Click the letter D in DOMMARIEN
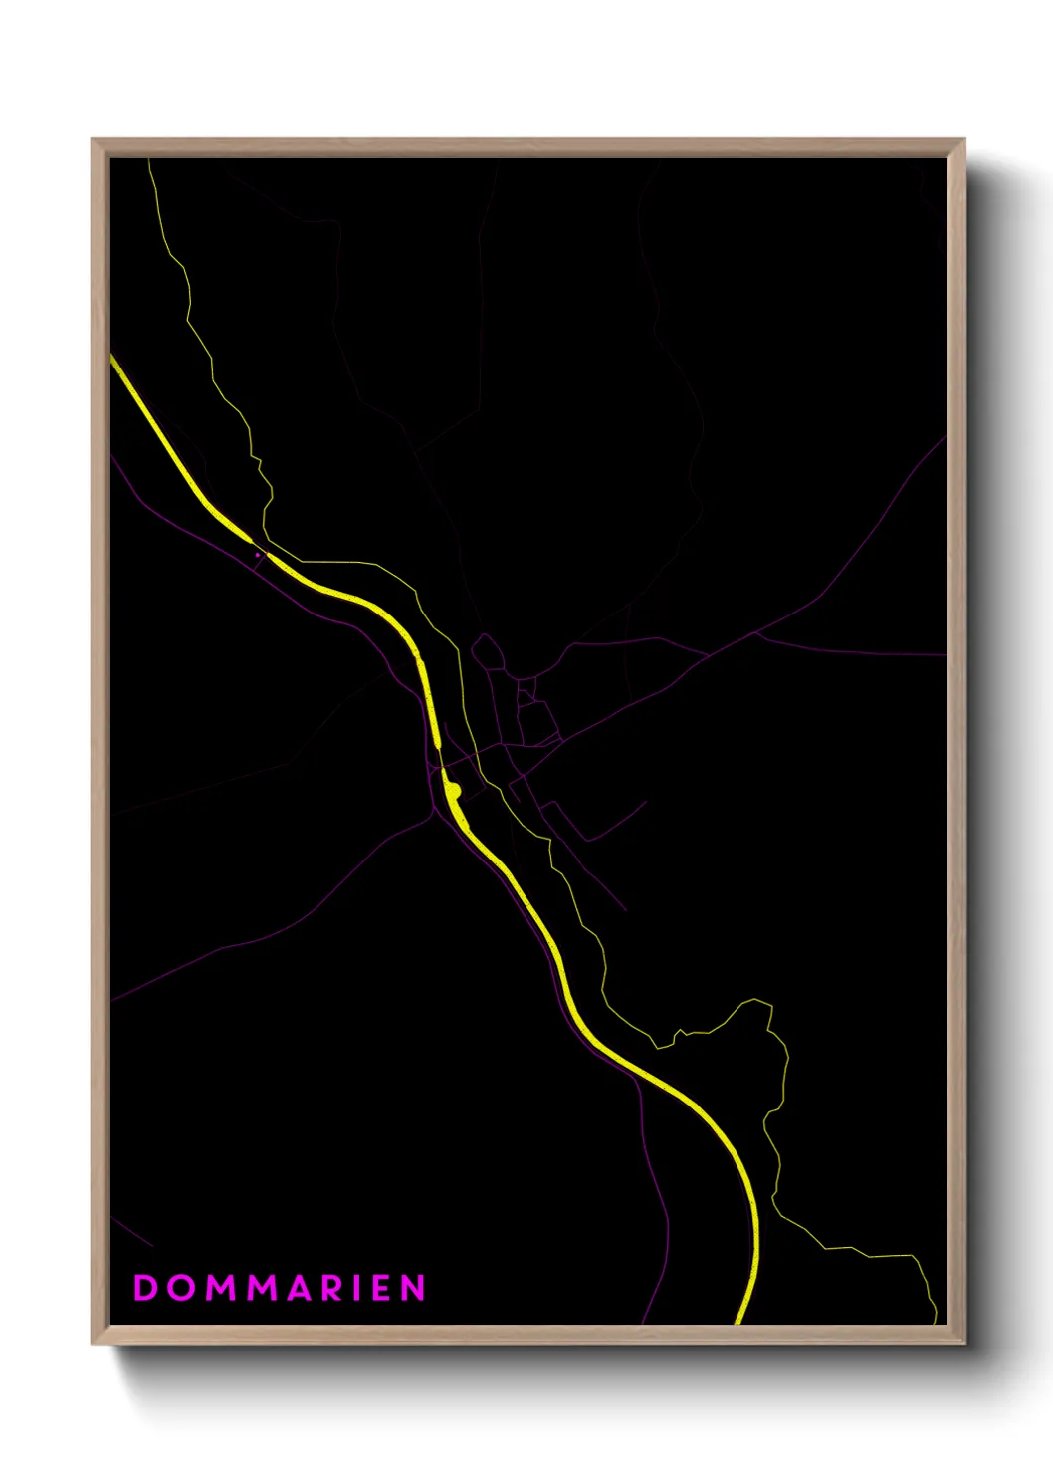(x=145, y=1287)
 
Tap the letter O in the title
(x=181, y=1287)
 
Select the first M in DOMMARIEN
(x=221, y=1287)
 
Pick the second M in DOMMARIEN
(x=264, y=1287)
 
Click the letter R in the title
(x=335, y=1287)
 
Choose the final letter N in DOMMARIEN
(x=414, y=1287)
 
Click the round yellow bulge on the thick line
(x=454, y=791)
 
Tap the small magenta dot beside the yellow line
(x=258, y=555)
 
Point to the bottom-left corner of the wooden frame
(x=93, y=1344)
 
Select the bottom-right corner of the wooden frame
(x=964, y=1344)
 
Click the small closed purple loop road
(x=487, y=653)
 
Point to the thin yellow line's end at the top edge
(x=149, y=160)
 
